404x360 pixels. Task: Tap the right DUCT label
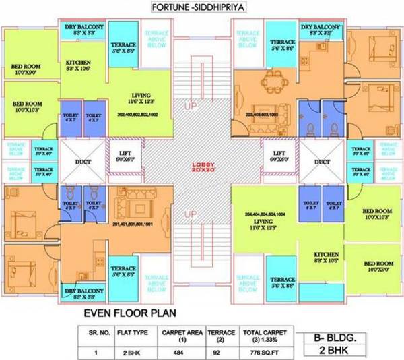pos(322,162)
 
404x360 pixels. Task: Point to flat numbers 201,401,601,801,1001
pos(133,224)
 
